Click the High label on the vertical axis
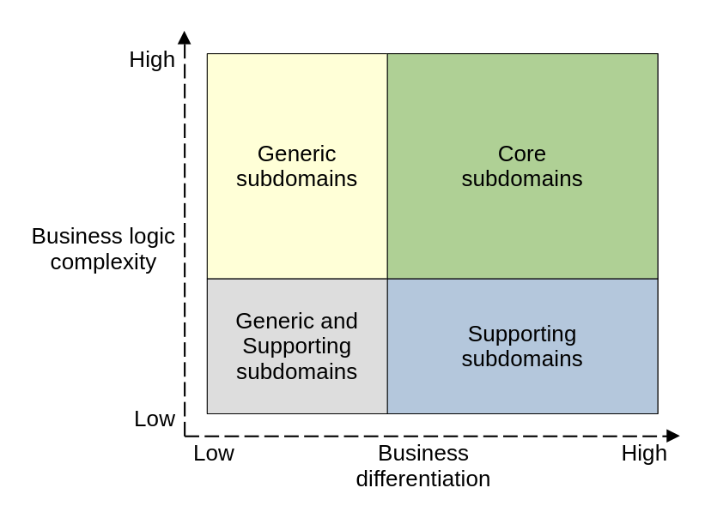pyautogui.click(x=152, y=59)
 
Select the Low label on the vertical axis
pyautogui.click(x=155, y=419)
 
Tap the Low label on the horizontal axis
pyautogui.click(x=213, y=453)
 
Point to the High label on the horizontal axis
pyautogui.click(x=644, y=453)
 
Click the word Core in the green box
pyautogui.click(x=522, y=154)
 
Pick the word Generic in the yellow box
pyautogui.click(x=296, y=154)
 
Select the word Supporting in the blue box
pyautogui.click(x=522, y=334)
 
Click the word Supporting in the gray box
pyautogui.click(x=296, y=346)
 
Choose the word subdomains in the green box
pyautogui.click(x=522, y=178)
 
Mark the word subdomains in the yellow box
pyautogui.click(x=296, y=178)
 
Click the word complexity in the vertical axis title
pyautogui.click(x=103, y=262)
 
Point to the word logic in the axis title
pyautogui.click(x=151, y=236)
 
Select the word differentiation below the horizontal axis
pyautogui.click(x=423, y=479)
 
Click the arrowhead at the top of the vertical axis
pyautogui.click(x=185, y=37)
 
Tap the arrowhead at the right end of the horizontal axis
pyautogui.click(x=673, y=436)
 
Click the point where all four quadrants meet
pyautogui.click(x=387, y=279)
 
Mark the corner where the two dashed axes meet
pyautogui.click(x=185, y=436)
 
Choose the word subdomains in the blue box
pyautogui.click(x=522, y=358)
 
